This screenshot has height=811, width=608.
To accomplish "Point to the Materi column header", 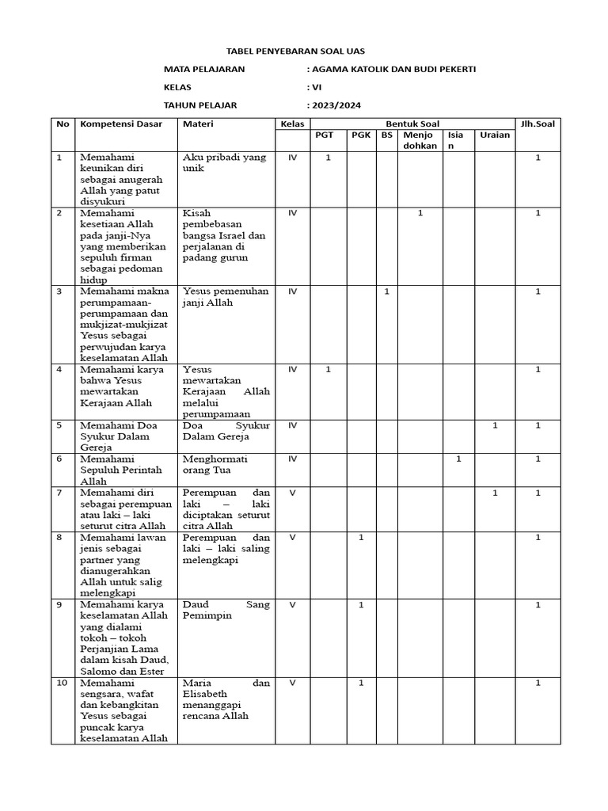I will pyautogui.click(x=198, y=124).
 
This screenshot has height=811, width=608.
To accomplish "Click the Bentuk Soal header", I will pyautogui.click(x=412, y=124).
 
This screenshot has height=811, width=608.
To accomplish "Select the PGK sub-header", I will pyautogui.click(x=361, y=135).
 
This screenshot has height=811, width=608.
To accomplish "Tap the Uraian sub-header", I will pyautogui.click(x=495, y=135).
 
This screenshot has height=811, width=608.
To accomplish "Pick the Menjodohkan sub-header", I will pyautogui.click(x=420, y=140).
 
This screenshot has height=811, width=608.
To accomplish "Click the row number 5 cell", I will pyautogui.click(x=59, y=425).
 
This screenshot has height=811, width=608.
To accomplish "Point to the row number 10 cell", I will pyautogui.click(x=61, y=683).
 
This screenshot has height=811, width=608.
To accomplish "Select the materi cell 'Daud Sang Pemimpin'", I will pyautogui.click(x=226, y=610).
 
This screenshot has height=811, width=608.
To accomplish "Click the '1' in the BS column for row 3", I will pyautogui.click(x=386, y=291).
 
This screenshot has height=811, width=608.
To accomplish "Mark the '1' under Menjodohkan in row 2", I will pyautogui.click(x=420, y=213).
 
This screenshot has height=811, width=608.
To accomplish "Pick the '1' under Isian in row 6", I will pyautogui.click(x=458, y=459).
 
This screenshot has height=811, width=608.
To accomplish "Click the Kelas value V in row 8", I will pyautogui.click(x=292, y=538).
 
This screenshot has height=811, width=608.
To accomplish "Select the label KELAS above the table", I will pyautogui.click(x=177, y=87).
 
